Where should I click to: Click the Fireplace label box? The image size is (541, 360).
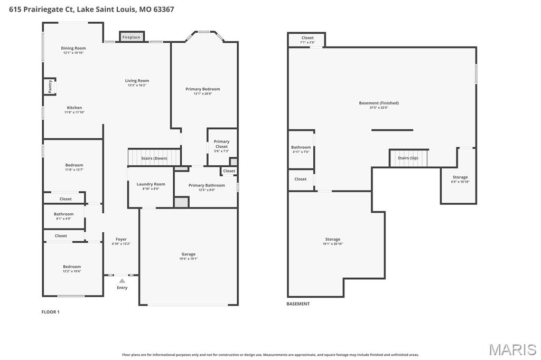click(131, 37)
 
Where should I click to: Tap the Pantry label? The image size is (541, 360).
click(50, 87)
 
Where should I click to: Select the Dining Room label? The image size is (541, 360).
click(73, 49)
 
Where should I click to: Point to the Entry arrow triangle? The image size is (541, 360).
click(122, 281)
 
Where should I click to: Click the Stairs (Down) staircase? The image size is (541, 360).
click(154, 158)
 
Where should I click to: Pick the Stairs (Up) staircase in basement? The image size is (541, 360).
click(408, 158)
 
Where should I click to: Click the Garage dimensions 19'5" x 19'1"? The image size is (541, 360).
click(188, 259)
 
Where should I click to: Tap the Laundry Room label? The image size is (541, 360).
click(151, 184)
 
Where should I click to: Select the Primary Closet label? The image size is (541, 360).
click(221, 144)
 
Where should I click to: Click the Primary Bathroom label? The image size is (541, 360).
click(207, 185)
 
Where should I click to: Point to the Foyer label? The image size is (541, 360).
click(121, 240)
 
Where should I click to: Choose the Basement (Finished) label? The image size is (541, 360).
click(379, 103)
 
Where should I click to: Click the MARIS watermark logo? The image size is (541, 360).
click(512, 349)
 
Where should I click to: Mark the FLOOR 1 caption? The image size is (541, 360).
click(51, 312)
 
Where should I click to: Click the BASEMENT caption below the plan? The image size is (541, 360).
click(298, 304)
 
